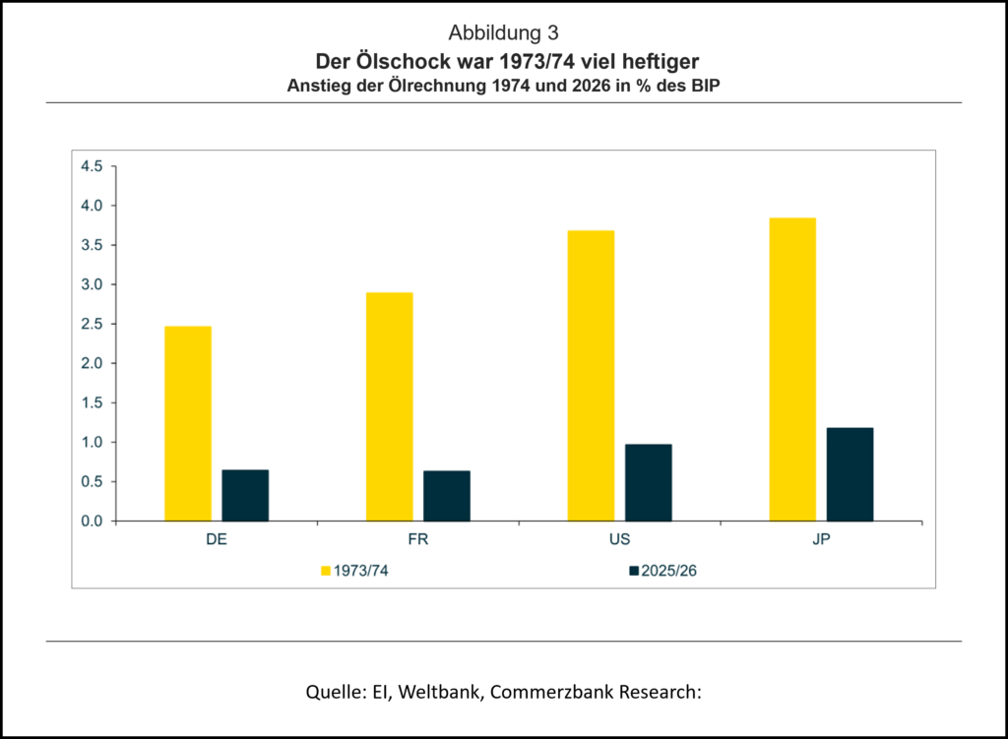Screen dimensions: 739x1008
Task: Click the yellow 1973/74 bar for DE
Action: point(187,423)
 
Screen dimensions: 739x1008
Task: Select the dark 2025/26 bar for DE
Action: point(245,495)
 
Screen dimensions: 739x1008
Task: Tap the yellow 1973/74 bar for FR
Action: point(389,406)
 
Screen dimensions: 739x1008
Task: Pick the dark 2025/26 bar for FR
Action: point(447,496)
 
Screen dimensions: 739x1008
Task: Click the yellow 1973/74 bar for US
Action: point(591,375)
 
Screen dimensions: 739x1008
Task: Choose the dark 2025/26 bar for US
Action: point(648,482)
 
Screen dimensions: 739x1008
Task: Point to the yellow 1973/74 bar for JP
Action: point(792,369)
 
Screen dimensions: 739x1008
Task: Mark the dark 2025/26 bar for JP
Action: point(850,474)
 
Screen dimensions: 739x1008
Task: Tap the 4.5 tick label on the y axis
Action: point(92,166)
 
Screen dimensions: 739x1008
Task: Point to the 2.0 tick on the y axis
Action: point(92,363)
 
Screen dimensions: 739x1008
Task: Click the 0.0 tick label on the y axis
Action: point(92,521)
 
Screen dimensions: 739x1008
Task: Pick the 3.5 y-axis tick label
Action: point(92,245)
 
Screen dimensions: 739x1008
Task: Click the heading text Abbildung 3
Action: point(503,33)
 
